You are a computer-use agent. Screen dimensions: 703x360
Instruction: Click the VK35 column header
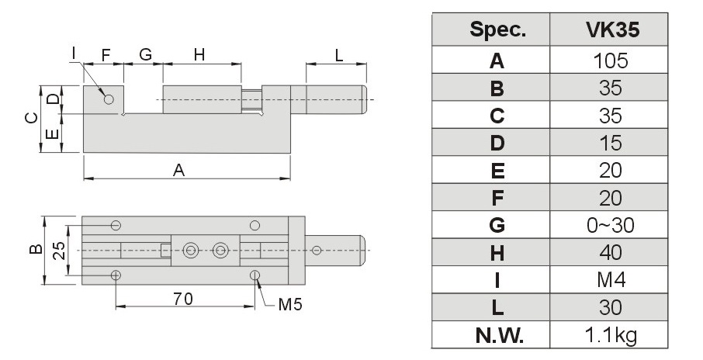click(612, 29)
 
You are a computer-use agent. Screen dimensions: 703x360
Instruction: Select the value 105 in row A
click(610, 61)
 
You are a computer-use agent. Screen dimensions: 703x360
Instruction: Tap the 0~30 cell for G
click(610, 226)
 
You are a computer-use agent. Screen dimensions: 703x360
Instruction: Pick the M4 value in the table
click(611, 280)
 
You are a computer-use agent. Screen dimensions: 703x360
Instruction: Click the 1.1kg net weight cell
click(611, 335)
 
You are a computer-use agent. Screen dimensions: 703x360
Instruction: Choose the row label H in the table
click(497, 253)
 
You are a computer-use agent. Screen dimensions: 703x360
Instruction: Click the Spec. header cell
click(497, 30)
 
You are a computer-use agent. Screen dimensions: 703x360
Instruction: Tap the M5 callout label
click(290, 305)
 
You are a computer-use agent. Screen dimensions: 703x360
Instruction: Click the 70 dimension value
click(183, 299)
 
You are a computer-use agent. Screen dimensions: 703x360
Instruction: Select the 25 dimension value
click(59, 250)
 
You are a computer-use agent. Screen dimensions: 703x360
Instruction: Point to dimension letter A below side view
click(179, 171)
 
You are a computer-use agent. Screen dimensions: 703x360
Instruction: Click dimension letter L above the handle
click(339, 56)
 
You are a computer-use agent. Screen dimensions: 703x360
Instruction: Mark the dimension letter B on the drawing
click(36, 249)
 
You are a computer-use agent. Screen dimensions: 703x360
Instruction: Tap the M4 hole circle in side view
click(109, 99)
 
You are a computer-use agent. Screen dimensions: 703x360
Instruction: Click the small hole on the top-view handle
click(317, 250)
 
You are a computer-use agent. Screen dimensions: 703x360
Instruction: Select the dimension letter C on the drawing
click(31, 119)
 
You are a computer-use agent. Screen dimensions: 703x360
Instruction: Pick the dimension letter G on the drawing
click(145, 54)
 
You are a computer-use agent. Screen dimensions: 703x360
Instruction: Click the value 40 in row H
click(611, 253)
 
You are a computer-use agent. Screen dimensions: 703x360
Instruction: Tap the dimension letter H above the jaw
click(199, 54)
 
